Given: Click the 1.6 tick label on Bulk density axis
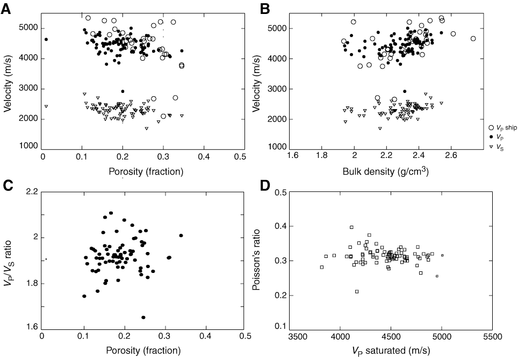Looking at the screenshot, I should pyautogui.click(x=307, y=156).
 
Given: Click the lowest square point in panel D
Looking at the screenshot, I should pyautogui.click(x=357, y=291).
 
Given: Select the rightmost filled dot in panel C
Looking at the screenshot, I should pyautogui.click(x=181, y=235).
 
